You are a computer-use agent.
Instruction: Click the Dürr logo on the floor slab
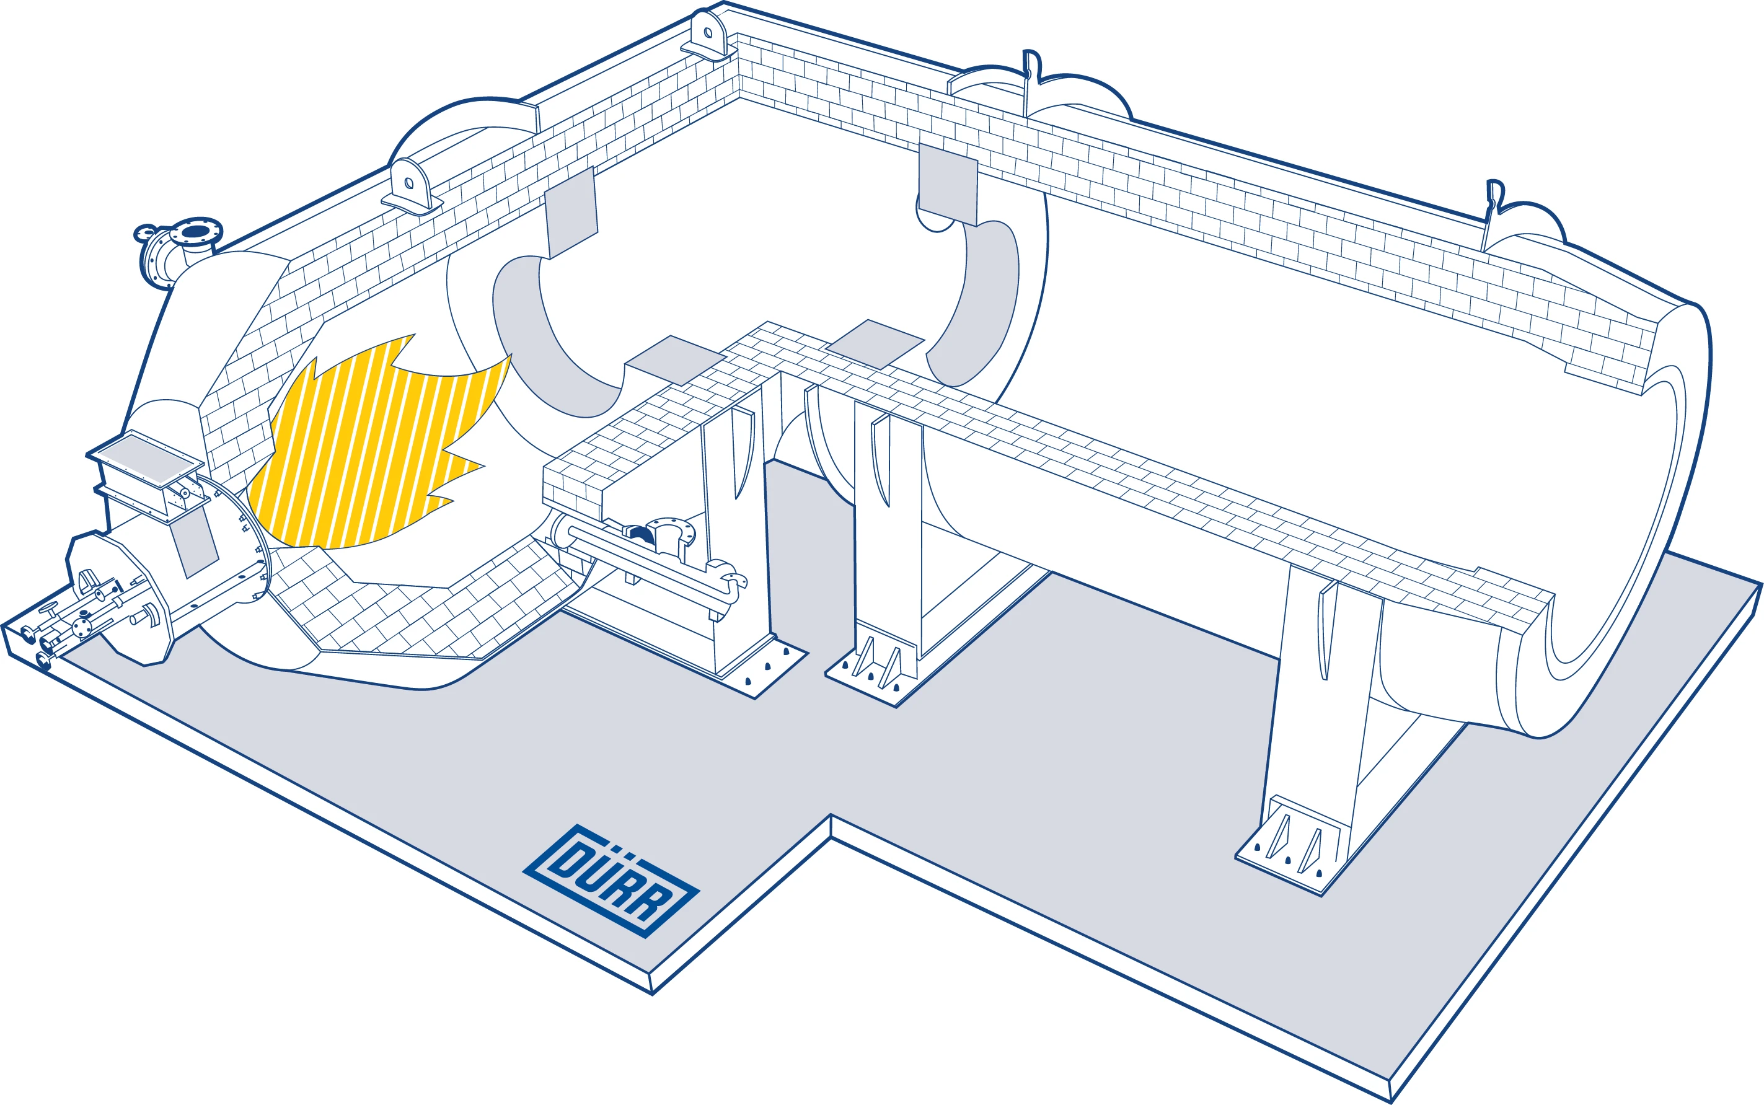pyautogui.click(x=611, y=880)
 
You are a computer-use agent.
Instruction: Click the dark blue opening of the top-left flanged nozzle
pyautogui.click(x=195, y=232)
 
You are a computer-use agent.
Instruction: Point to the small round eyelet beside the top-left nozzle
pyautogui.click(x=143, y=234)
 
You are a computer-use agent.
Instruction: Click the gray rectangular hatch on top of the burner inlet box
pyautogui.click(x=146, y=456)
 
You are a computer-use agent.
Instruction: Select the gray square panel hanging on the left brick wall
pyautogui.click(x=571, y=212)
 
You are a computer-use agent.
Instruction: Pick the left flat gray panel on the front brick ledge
pyautogui.click(x=674, y=359)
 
